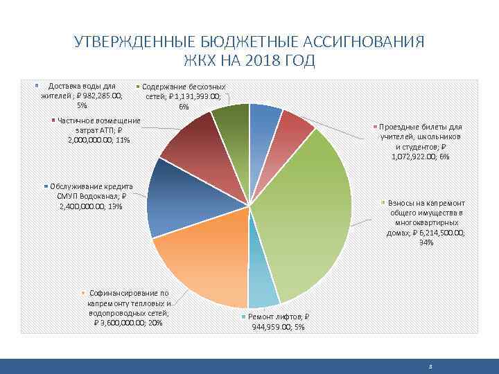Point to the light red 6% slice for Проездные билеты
(x=295, y=128)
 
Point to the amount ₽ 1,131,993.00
(x=198, y=97)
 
